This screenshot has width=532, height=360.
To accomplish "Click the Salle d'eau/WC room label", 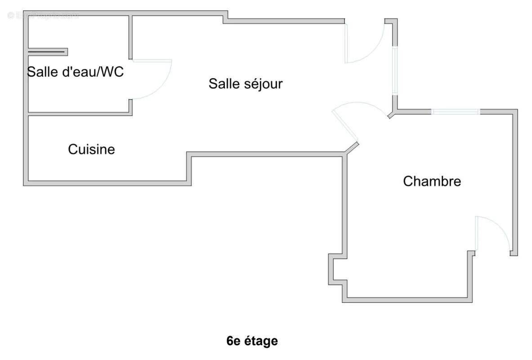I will tap(75, 72).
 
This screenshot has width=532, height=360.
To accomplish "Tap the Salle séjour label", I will tap(245, 84).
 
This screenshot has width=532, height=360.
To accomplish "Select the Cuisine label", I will tap(91, 149).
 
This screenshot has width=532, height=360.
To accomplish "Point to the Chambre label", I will tap(432, 181).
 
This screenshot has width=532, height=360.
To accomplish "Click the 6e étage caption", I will tap(252, 341).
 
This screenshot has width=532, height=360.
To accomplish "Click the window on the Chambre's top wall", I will tap(456, 112).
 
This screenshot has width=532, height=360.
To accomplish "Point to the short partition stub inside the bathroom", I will tap(48, 52).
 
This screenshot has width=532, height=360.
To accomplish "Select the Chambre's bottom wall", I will tap(407, 300).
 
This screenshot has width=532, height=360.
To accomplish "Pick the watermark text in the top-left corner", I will tap(43, 15).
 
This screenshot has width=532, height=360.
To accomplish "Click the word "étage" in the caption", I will tap(261, 341).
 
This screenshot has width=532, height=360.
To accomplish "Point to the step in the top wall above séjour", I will tap(225, 17).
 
